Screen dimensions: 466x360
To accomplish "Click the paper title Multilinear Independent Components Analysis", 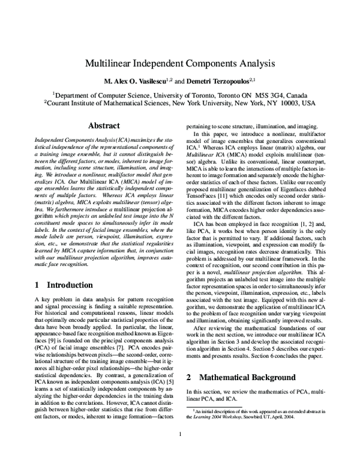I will click(180, 62).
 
